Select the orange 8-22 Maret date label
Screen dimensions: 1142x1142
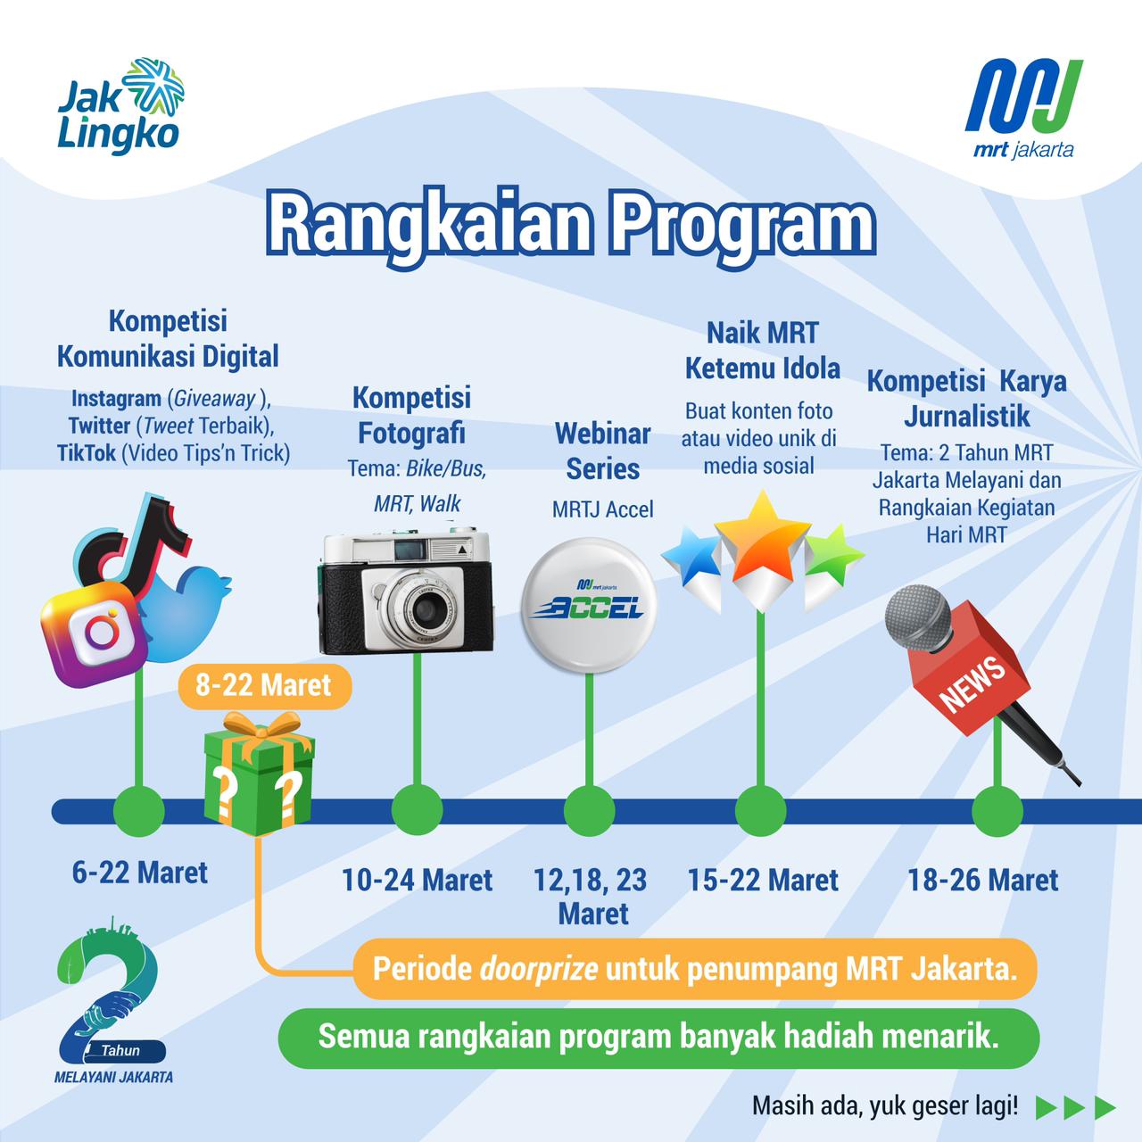click(264, 686)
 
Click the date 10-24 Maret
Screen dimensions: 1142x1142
click(417, 881)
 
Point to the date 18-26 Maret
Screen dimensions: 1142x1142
click(983, 881)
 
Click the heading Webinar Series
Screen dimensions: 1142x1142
click(603, 451)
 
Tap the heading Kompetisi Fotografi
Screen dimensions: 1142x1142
click(411, 416)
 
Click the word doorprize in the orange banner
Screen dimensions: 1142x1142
click(539, 968)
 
